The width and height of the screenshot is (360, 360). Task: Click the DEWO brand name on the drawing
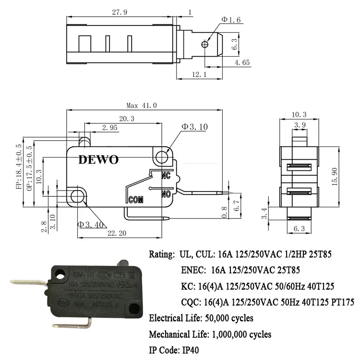[98, 160]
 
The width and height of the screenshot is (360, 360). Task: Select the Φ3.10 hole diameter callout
[194, 127]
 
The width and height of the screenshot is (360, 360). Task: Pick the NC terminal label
[166, 176]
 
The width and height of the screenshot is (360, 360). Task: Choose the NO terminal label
[167, 194]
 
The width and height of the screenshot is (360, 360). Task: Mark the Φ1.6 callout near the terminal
[230, 20]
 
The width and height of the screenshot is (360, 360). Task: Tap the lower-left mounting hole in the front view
[77, 196]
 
